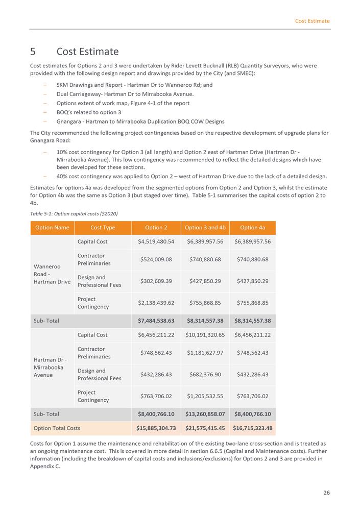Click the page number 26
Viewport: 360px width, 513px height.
[326, 493]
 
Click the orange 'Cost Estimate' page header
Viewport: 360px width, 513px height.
[312, 21]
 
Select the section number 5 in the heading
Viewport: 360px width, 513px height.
[33, 52]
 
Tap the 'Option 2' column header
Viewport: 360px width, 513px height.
[156, 228]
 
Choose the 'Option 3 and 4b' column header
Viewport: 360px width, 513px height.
[205, 228]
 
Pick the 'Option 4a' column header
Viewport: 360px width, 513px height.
[252, 228]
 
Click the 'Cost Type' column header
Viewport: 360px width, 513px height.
[103, 228]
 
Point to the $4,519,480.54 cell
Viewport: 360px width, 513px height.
[156, 241]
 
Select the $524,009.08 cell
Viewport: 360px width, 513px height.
[156, 259]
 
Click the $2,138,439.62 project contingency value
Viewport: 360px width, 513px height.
[156, 303]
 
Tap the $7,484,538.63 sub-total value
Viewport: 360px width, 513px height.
[156, 321]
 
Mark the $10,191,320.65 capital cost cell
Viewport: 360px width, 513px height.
[205, 335]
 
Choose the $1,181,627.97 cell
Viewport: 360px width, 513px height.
[205, 353]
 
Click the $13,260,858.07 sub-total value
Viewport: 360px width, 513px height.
[205, 414]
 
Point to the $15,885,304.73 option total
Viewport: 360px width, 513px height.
[156, 428]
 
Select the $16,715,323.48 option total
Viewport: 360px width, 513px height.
[252, 428]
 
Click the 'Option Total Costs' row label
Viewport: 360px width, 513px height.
[57, 428]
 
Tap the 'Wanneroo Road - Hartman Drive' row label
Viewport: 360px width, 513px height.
[52, 274]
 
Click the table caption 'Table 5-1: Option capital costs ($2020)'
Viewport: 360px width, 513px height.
[75, 213]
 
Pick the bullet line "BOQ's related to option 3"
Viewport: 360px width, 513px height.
[89, 112]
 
